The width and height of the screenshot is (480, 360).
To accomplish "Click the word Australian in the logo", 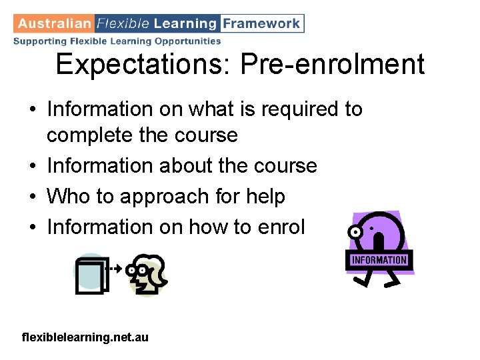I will click(x=54, y=23).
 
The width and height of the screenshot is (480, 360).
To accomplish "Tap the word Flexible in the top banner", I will click(x=123, y=23).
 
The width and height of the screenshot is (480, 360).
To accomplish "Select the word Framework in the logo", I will click(x=261, y=23).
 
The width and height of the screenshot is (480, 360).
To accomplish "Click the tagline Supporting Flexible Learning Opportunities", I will click(x=117, y=41).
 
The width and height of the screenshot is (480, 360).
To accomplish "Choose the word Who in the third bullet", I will click(x=69, y=196).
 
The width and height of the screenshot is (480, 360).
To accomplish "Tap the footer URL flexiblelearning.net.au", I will click(x=85, y=338).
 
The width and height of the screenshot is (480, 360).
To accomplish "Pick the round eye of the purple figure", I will click(x=355, y=232).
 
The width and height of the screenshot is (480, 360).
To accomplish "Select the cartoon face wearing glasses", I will click(x=148, y=273).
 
